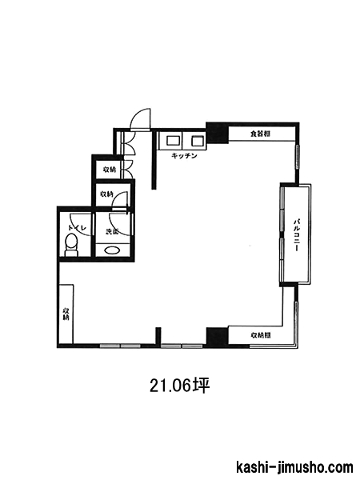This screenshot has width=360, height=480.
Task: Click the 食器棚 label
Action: pos(260,134)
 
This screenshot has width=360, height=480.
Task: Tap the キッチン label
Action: pos(184,156)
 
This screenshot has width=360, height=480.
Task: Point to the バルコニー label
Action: pos(296,234)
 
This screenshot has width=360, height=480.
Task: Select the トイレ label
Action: pos(78,228)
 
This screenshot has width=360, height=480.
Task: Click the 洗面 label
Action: pos(112,232)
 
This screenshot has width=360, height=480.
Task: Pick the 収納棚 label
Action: pos(261,335)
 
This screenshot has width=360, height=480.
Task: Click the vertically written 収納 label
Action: pos(66,314)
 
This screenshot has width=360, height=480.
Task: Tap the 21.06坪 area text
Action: pos(179,386)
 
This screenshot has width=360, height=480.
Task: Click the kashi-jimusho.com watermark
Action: pos(294,467)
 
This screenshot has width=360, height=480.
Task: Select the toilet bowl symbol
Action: pos(72,245)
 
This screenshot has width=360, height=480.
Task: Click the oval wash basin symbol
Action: pos(112,250)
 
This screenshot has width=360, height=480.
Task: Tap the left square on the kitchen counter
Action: pos(171,141)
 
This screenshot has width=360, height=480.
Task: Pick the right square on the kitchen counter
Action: pos(197,141)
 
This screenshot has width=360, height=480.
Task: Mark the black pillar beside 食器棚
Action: pos(217,132)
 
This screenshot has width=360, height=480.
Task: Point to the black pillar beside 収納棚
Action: pos(217,337)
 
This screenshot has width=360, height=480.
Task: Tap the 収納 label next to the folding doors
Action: pos(110,169)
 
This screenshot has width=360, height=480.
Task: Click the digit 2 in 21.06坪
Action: pos(154,386)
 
